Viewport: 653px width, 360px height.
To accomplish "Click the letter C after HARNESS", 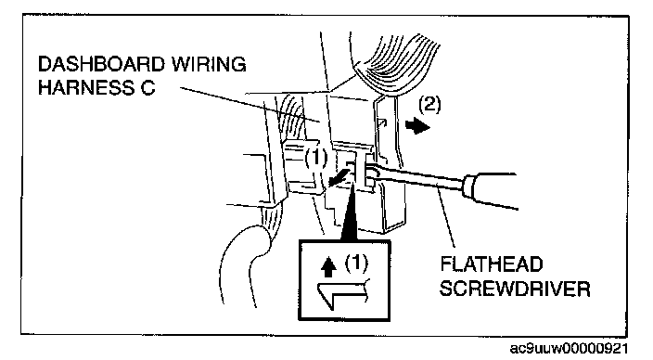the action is [147, 88].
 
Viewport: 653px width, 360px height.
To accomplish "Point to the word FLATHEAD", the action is [492, 264].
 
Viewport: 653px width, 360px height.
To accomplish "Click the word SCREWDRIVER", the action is [515, 289].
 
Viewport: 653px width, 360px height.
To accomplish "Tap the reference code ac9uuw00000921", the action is [569, 348].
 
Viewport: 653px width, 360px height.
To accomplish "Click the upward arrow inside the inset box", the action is [329, 266].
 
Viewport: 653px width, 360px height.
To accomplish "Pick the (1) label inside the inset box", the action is [357, 264].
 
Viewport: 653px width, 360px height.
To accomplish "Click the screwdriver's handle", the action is [491, 191].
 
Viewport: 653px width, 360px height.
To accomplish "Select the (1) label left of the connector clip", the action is [316, 159].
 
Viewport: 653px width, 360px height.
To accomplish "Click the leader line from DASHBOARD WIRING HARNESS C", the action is [250, 104].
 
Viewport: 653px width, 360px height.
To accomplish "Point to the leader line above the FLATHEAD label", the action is [445, 220].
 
